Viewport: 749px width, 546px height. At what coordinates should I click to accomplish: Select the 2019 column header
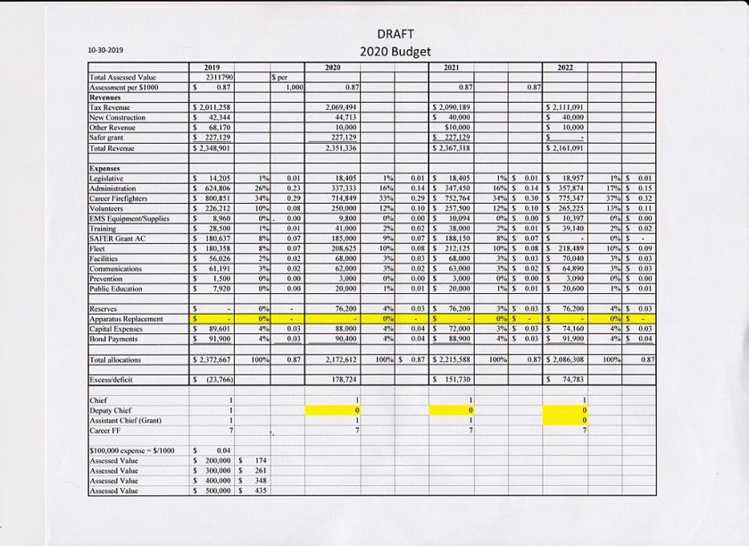coord(212,68)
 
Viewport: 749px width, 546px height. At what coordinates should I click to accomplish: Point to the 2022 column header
coord(566,68)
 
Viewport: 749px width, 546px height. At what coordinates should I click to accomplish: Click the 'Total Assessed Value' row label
coord(121,78)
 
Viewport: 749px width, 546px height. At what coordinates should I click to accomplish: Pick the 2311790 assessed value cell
coord(219,78)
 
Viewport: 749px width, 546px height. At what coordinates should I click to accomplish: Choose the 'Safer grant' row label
coord(107,138)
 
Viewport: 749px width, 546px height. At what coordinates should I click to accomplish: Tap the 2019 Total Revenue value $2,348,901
coord(213,147)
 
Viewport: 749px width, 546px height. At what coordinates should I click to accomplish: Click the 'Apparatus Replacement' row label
coord(124,317)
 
